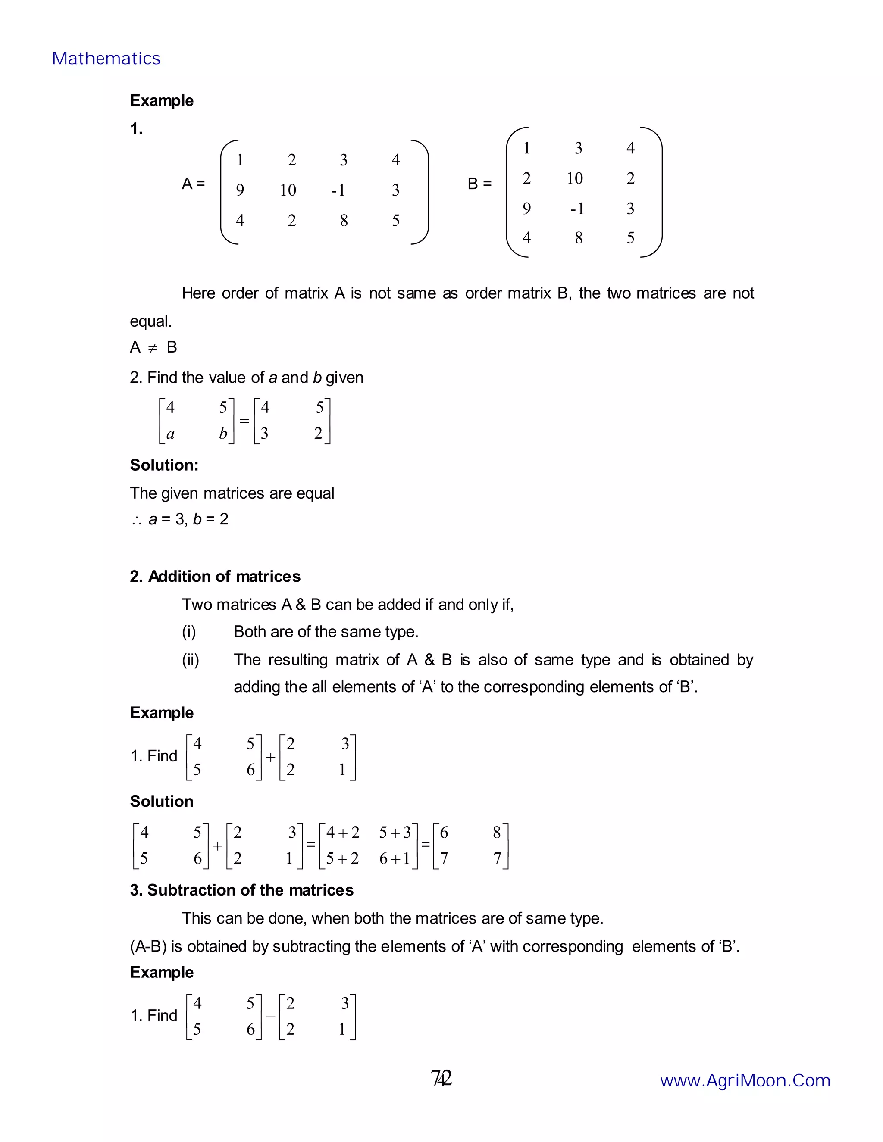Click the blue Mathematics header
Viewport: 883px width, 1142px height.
coord(106,59)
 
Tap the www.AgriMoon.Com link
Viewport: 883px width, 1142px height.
coord(745,1080)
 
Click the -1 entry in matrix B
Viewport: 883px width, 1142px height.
coord(576,209)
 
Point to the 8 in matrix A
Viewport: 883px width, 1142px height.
coord(344,220)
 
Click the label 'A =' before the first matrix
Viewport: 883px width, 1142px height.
coord(193,184)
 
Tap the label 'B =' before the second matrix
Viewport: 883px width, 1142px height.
coord(479,184)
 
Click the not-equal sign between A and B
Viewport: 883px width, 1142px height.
coord(152,348)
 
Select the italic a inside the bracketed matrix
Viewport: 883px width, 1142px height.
coord(170,434)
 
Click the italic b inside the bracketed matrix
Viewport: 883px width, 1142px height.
coord(223,434)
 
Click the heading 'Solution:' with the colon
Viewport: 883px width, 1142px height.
coord(164,465)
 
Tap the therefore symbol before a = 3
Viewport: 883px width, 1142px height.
coord(137,520)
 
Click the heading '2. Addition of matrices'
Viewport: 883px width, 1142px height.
coord(215,576)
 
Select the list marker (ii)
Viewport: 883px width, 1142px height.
coord(191,660)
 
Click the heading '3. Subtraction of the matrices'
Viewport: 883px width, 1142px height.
coord(242,890)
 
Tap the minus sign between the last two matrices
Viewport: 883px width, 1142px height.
coord(270,1017)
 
